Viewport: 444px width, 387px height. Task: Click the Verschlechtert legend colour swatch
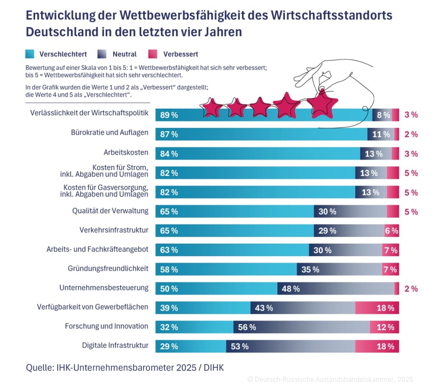30,54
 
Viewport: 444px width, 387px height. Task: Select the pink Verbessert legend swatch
153,54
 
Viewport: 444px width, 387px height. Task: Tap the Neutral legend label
124,54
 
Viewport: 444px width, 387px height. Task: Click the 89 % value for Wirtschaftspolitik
169,115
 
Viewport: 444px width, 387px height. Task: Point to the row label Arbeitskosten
126,153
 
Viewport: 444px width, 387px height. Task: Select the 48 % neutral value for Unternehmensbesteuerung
291,289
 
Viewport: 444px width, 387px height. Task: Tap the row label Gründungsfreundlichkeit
108,269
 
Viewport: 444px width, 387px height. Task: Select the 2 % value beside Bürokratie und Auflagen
411,134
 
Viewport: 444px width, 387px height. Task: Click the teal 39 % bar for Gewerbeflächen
203,308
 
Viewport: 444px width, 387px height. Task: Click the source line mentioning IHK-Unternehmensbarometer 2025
125,368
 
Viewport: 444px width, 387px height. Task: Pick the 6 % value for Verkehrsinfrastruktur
391,231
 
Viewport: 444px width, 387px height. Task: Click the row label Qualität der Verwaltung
110,211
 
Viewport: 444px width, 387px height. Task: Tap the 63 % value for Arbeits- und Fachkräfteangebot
169,250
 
